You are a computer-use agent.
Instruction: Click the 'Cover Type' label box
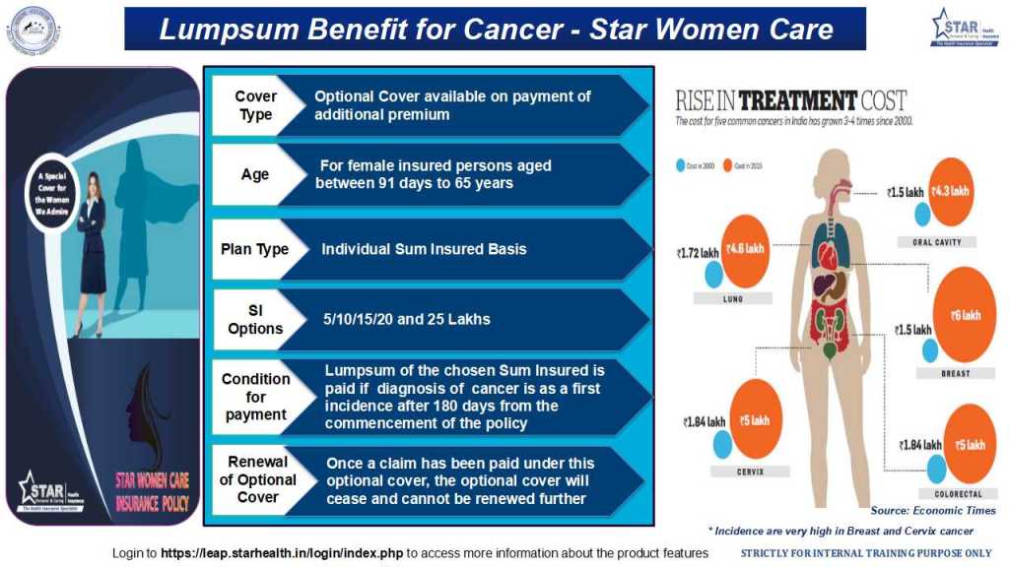[255, 105]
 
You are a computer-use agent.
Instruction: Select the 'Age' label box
[255, 174]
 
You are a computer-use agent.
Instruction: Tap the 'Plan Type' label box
[255, 249]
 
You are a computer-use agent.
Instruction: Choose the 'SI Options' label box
[255, 319]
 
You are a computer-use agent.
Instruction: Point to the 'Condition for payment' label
[255, 397]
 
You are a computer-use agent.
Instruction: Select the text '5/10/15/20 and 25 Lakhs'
[407, 319]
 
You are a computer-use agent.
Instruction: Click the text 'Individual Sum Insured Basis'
[424, 249]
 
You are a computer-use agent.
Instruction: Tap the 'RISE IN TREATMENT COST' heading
[790, 100]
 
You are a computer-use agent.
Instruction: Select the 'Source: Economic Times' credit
[932, 511]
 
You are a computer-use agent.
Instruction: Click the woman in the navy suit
[95, 251]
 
